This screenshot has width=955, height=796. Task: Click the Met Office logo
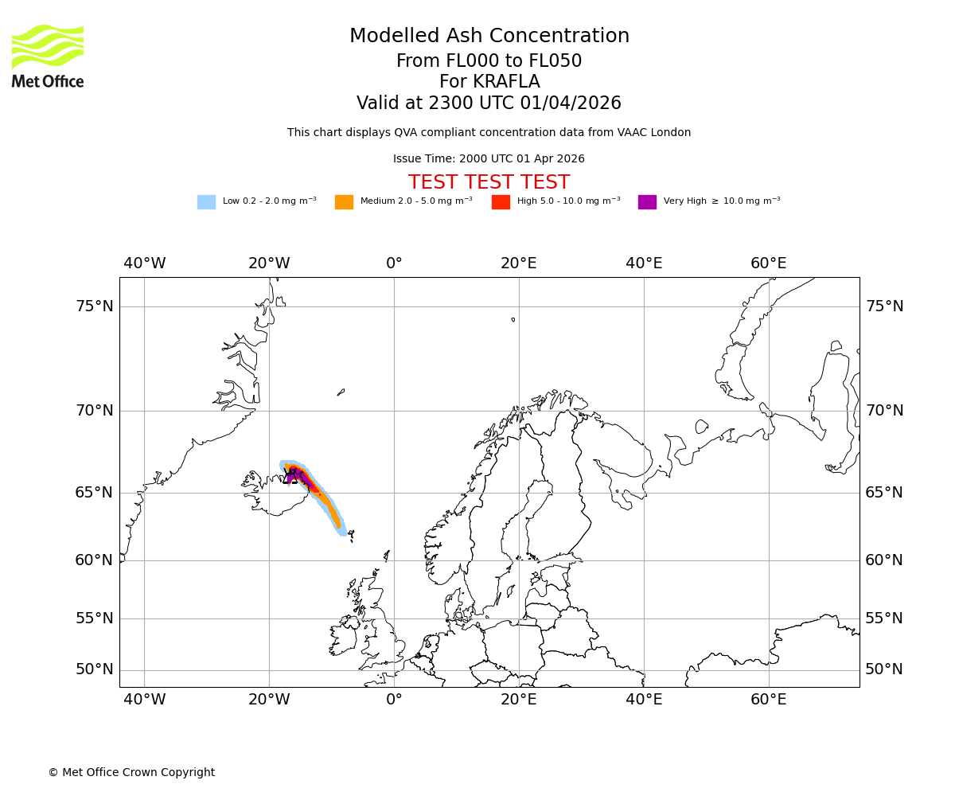click(x=48, y=56)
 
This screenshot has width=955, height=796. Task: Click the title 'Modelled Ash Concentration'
click(x=489, y=37)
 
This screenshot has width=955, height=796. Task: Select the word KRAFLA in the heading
click(x=505, y=82)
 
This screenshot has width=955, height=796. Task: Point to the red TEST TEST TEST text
click(x=489, y=183)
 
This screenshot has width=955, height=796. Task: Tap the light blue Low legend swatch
click(x=206, y=202)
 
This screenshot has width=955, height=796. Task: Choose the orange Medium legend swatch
click(x=344, y=202)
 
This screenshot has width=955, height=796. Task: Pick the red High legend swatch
click(x=501, y=202)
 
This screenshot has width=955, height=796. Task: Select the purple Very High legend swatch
click(x=647, y=202)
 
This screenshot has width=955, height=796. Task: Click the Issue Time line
click(x=489, y=159)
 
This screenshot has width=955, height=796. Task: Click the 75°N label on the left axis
click(x=94, y=306)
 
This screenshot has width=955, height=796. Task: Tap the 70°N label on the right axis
click(x=884, y=411)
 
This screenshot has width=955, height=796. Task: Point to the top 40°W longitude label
click(x=144, y=263)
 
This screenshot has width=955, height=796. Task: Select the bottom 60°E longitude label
click(x=768, y=700)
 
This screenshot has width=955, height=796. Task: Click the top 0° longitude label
click(x=394, y=263)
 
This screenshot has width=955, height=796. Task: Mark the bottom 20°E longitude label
click(x=518, y=700)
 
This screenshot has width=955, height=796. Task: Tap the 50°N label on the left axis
click(x=94, y=669)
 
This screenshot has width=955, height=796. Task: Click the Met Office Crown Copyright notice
click(x=131, y=773)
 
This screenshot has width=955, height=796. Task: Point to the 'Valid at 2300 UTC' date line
click(x=489, y=103)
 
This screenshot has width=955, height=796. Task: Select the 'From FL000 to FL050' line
click(x=489, y=61)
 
